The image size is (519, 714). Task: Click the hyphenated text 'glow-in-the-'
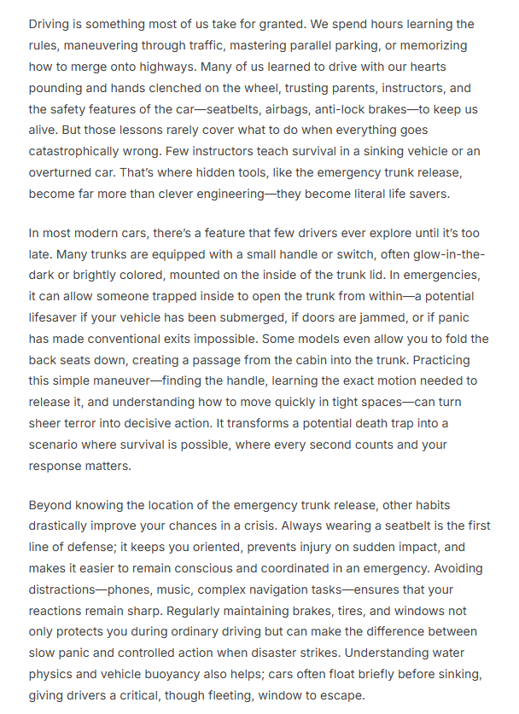(x=437, y=253)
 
